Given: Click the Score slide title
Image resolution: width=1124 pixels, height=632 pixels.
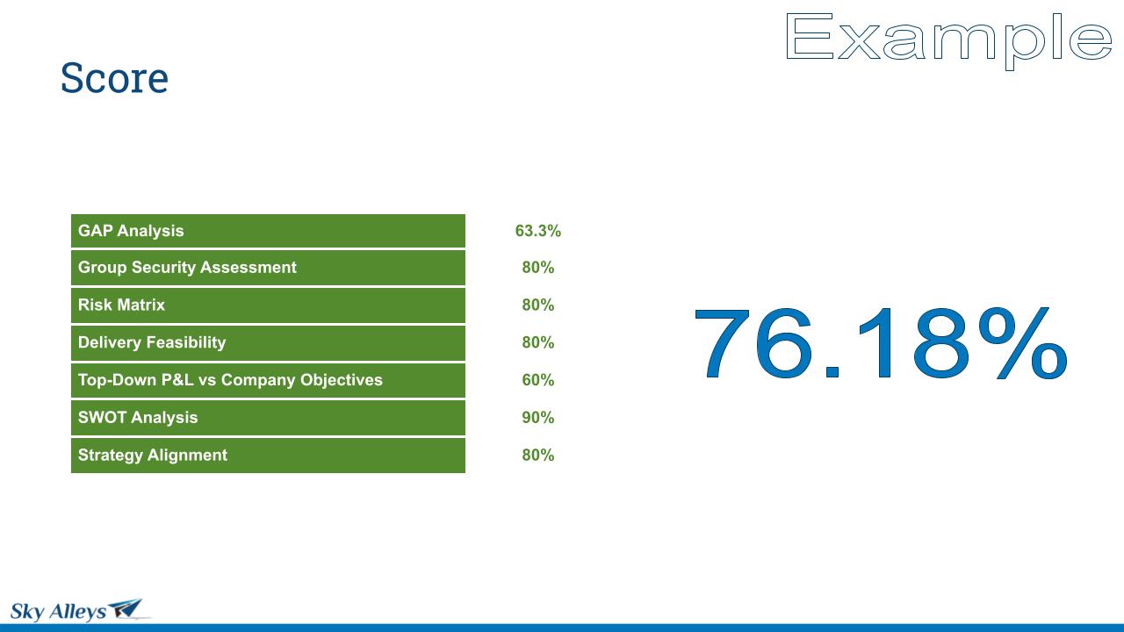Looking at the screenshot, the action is pyautogui.click(x=114, y=78).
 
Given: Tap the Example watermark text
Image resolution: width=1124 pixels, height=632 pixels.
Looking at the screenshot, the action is pyautogui.click(x=948, y=40).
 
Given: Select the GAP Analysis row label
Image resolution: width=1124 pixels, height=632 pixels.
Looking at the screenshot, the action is pyautogui.click(x=131, y=231).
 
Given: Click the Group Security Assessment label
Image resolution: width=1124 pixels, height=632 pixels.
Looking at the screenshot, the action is pyautogui.click(x=187, y=268).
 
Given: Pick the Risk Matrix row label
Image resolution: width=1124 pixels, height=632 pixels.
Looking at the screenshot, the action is pyautogui.click(x=121, y=305).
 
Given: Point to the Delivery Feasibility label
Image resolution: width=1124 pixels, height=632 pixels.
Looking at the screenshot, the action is pyautogui.click(x=152, y=342).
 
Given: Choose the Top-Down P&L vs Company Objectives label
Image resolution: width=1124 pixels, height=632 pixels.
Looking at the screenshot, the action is pyautogui.click(x=230, y=380).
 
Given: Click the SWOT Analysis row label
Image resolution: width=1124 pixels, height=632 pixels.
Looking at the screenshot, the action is pyautogui.click(x=138, y=417).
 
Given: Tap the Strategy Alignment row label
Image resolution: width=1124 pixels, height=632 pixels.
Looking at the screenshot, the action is pyautogui.click(x=153, y=455).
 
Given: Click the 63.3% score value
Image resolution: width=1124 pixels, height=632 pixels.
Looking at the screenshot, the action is pyautogui.click(x=538, y=231).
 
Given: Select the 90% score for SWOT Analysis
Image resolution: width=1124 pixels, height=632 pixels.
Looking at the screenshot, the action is pyautogui.click(x=538, y=417).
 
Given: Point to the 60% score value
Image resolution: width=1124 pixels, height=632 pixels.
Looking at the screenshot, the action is pyautogui.click(x=538, y=380).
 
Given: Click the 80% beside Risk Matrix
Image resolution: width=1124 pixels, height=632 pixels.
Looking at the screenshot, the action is pyautogui.click(x=538, y=305).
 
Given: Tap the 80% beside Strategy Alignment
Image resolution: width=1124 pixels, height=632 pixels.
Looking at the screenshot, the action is pyautogui.click(x=538, y=455).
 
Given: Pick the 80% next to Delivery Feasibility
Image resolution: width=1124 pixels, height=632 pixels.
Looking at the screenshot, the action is pyautogui.click(x=538, y=342).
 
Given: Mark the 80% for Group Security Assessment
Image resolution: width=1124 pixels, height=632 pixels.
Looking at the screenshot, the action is pyautogui.click(x=538, y=268).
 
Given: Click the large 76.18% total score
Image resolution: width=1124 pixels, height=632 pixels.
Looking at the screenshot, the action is pyautogui.click(x=881, y=343).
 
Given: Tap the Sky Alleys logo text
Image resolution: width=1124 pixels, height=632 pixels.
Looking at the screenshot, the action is pyautogui.click(x=58, y=612).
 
